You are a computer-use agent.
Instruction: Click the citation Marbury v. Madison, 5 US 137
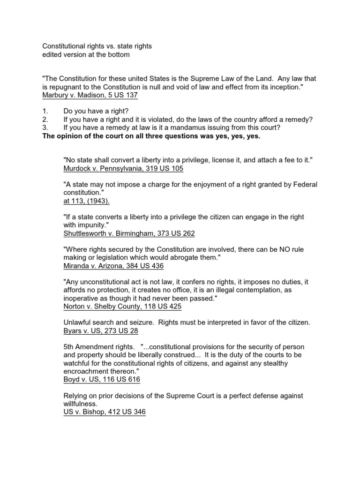(90, 96)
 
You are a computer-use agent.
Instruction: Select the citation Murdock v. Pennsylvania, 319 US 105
(123, 169)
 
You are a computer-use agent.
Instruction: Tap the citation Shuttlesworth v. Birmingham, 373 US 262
(129, 233)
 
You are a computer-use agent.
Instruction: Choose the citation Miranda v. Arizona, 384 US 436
(113, 266)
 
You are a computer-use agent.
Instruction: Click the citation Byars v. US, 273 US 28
(100, 331)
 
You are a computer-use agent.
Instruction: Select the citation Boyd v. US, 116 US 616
(101, 380)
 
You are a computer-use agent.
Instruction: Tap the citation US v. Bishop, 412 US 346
(104, 412)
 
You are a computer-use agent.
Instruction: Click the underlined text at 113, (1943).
(87, 201)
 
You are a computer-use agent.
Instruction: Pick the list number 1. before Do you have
(45, 112)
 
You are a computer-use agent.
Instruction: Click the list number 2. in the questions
(45, 120)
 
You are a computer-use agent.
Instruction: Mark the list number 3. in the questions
(45, 128)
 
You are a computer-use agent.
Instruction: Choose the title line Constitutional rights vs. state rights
(97, 47)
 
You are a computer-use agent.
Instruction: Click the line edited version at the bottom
(86, 55)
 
